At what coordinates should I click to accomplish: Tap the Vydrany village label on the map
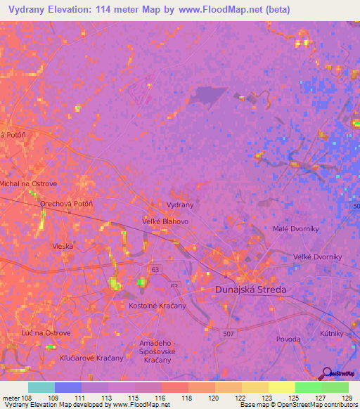click(x=179, y=204)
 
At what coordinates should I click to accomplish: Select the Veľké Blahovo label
click(x=166, y=221)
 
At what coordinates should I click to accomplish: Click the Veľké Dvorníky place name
click(x=317, y=257)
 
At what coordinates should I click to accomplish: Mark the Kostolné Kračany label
click(x=157, y=306)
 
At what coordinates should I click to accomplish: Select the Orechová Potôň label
click(x=67, y=204)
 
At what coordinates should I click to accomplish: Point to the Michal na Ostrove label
click(x=29, y=183)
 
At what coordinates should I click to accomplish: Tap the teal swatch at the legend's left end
click(x=41, y=387)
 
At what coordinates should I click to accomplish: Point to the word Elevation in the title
click(x=72, y=9)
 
